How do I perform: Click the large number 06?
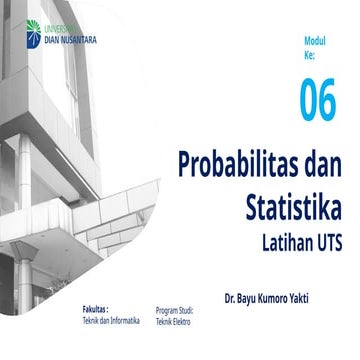point(319,102)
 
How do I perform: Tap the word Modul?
point(317,42)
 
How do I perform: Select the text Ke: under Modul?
point(311,55)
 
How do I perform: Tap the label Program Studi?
point(175,312)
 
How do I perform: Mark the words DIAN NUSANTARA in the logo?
point(69,41)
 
